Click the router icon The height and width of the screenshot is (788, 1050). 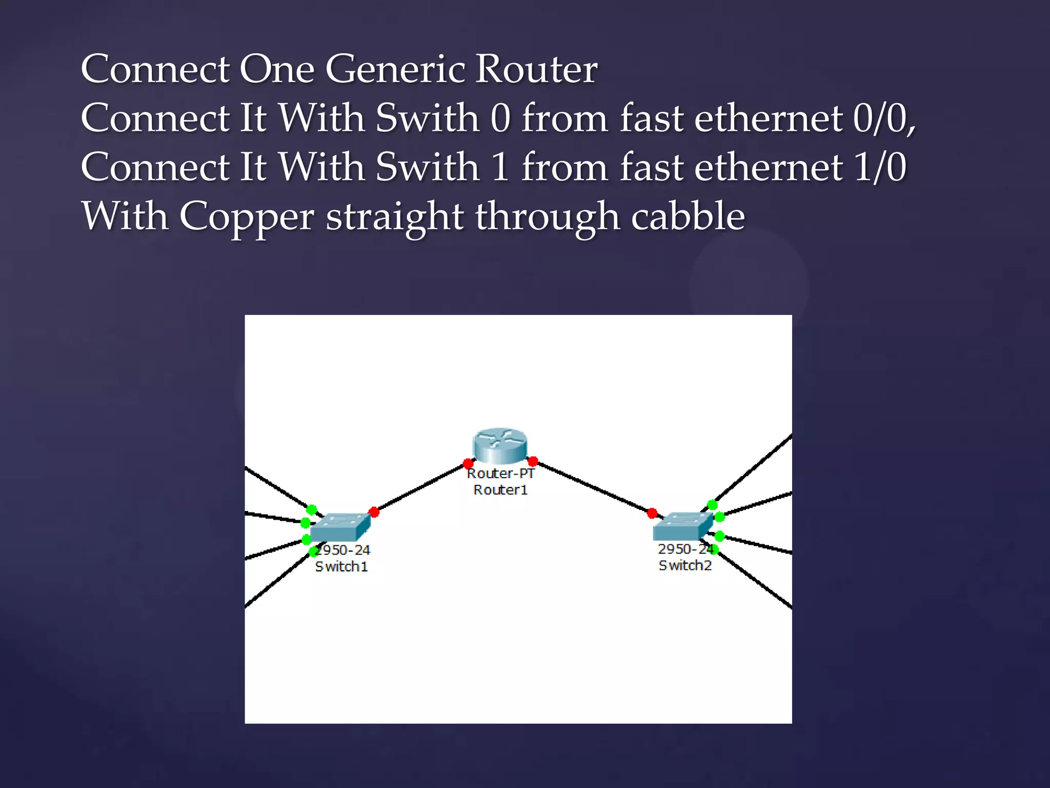[x=500, y=445]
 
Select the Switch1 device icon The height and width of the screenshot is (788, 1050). [x=340, y=527]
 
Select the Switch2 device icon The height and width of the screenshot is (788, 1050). [x=683, y=526]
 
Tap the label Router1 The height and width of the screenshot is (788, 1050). [x=500, y=490]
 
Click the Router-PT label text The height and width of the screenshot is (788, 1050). [x=500, y=473]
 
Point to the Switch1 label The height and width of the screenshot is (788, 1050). [x=341, y=566]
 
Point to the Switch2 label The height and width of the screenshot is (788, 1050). [x=685, y=565]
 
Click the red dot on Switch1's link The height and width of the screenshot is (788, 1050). [x=374, y=512]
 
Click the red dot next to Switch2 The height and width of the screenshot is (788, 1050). [x=652, y=513]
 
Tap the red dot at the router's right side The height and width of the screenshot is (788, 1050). [x=533, y=461]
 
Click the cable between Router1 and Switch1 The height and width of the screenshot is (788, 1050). [x=420, y=488]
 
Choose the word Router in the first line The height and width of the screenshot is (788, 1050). [x=536, y=69]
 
